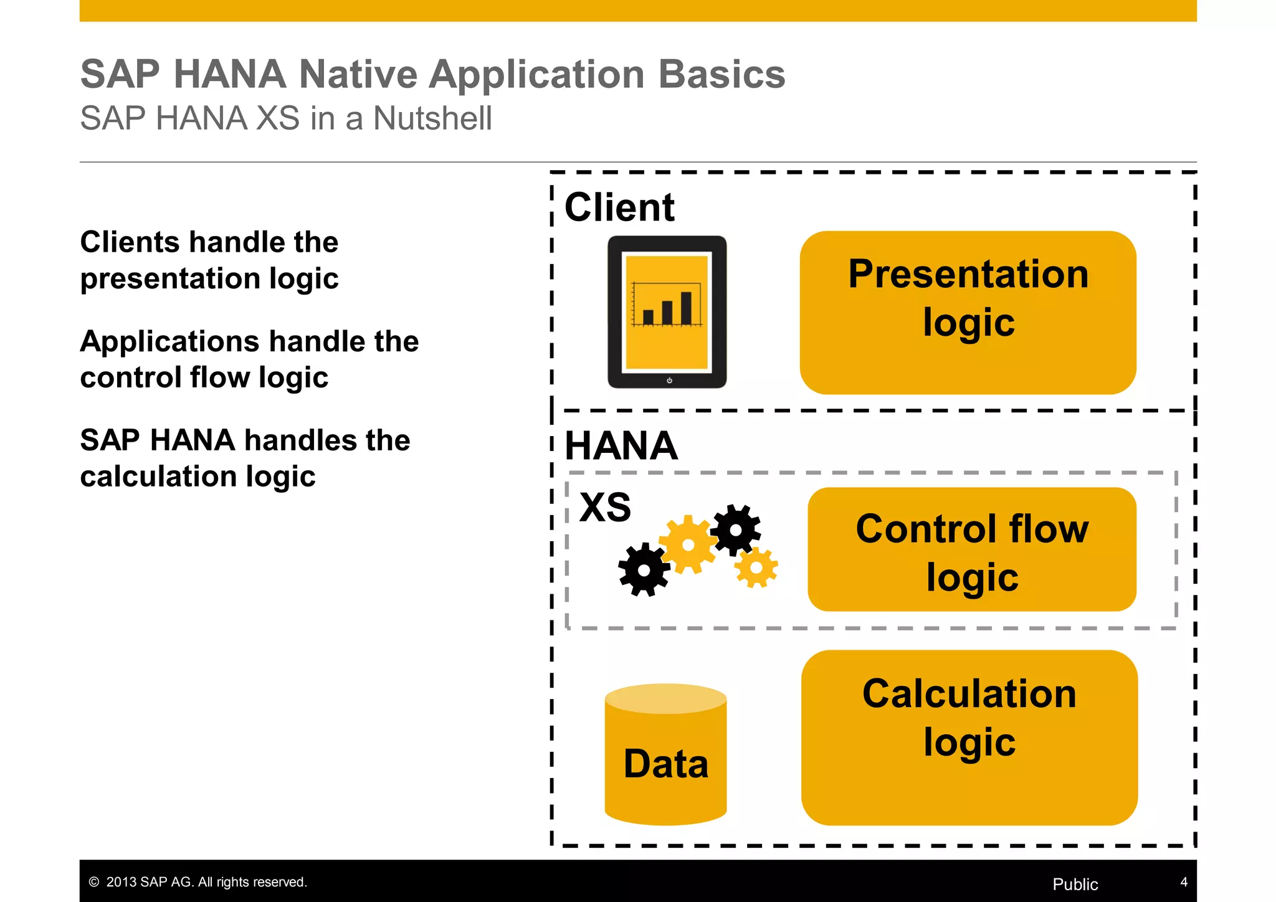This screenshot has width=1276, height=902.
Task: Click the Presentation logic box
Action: tap(968, 312)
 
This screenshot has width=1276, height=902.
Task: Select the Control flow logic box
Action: tap(971, 549)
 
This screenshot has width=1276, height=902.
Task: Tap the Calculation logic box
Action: tap(969, 738)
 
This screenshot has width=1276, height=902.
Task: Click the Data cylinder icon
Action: tap(665, 755)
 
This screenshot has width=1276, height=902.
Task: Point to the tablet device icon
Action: tap(667, 311)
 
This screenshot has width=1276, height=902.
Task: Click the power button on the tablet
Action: tap(669, 380)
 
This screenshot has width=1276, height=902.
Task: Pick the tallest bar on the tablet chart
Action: tap(686, 308)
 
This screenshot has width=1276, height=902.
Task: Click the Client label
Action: tap(619, 207)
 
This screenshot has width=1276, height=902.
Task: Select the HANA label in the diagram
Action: tap(621, 446)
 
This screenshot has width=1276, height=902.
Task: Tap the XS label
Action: tap(604, 507)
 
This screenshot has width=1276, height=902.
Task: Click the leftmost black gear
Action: tap(644, 569)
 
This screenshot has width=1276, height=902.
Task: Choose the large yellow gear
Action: tap(688, 544)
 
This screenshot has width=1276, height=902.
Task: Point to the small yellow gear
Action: tap(756, 567)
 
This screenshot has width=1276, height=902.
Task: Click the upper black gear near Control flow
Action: tap(736, 530)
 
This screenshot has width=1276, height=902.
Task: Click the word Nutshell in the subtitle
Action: tap(432, 118)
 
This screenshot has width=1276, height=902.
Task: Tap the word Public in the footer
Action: tap(1075, 884)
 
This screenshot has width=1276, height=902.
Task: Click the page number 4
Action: tap(1184, 882)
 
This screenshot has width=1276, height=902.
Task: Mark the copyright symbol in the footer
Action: tap(94, 882)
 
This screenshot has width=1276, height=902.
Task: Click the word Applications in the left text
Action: tap(169, 342)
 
